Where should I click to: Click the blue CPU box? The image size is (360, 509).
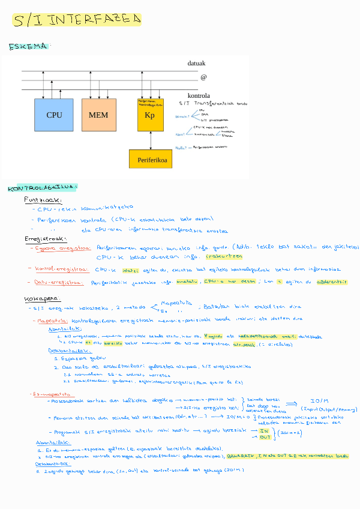(54, 115)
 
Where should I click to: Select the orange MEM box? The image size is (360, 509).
(98, 115)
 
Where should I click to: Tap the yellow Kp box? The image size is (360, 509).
(150, 115)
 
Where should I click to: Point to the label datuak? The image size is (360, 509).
(196, 64)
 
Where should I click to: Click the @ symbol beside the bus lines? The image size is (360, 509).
(203, 77)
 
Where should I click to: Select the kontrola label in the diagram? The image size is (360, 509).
(199, 95)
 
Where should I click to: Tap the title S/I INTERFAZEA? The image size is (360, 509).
(76, 20)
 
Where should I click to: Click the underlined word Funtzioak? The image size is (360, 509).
(43, 200)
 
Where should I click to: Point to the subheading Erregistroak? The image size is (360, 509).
(41, 239)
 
